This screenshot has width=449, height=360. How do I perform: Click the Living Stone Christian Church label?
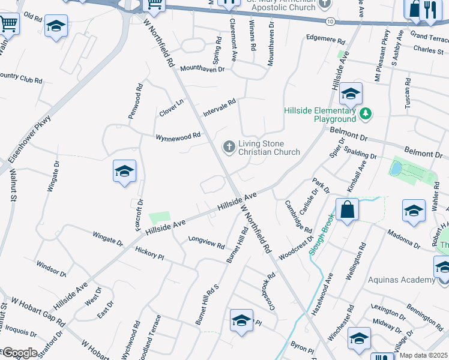[x=269, y=148]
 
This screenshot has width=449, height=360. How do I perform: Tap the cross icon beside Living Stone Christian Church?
[x=229, y=146]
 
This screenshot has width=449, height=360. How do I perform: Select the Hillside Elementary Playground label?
[x=320, y=115]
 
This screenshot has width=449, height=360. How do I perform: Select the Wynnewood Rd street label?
[x=178, y=137]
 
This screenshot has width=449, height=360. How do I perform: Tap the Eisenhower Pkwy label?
[x=30, y=140]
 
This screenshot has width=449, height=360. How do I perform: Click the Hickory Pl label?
[x=149, y=253]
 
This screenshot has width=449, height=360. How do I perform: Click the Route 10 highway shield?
[x=331, y=21]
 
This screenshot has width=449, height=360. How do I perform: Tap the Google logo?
[x=19, y=353]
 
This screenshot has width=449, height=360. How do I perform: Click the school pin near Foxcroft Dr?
[x=124, y=172]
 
